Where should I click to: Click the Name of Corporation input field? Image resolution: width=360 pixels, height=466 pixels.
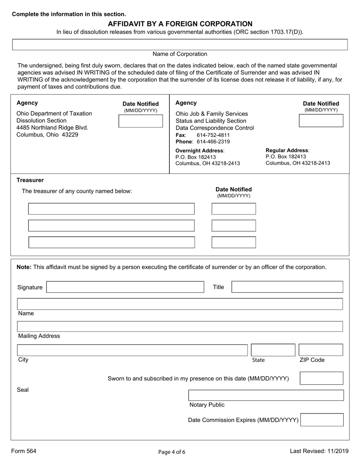coord(180,44)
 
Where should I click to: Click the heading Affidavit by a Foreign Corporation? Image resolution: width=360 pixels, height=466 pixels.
coord(180,24)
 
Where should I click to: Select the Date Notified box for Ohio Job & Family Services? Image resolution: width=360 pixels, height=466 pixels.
coord(321,121)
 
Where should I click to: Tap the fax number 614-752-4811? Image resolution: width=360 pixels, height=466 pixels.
coord(213,135)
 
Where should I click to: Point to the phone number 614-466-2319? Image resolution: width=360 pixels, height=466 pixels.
coord(213,142)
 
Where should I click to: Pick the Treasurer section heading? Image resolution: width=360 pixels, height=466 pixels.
coord(30,180)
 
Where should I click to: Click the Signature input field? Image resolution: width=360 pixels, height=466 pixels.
coord(125,287)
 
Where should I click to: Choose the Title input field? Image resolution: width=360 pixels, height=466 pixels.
coord(287,287)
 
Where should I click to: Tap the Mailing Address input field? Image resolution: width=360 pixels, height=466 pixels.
coord(180,327)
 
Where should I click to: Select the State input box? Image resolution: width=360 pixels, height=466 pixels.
coord(273,350)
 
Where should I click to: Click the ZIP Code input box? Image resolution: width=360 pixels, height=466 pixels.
coord(321,350)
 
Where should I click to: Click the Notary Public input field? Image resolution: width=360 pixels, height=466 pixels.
coord(266,395)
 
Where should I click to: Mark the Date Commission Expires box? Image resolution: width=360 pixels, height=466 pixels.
coord(322,420)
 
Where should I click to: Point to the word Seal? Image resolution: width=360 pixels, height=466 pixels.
coord(23,390)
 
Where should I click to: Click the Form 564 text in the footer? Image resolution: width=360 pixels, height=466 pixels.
coord(24,451)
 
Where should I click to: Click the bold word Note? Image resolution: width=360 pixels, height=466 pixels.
coord(24,267)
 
